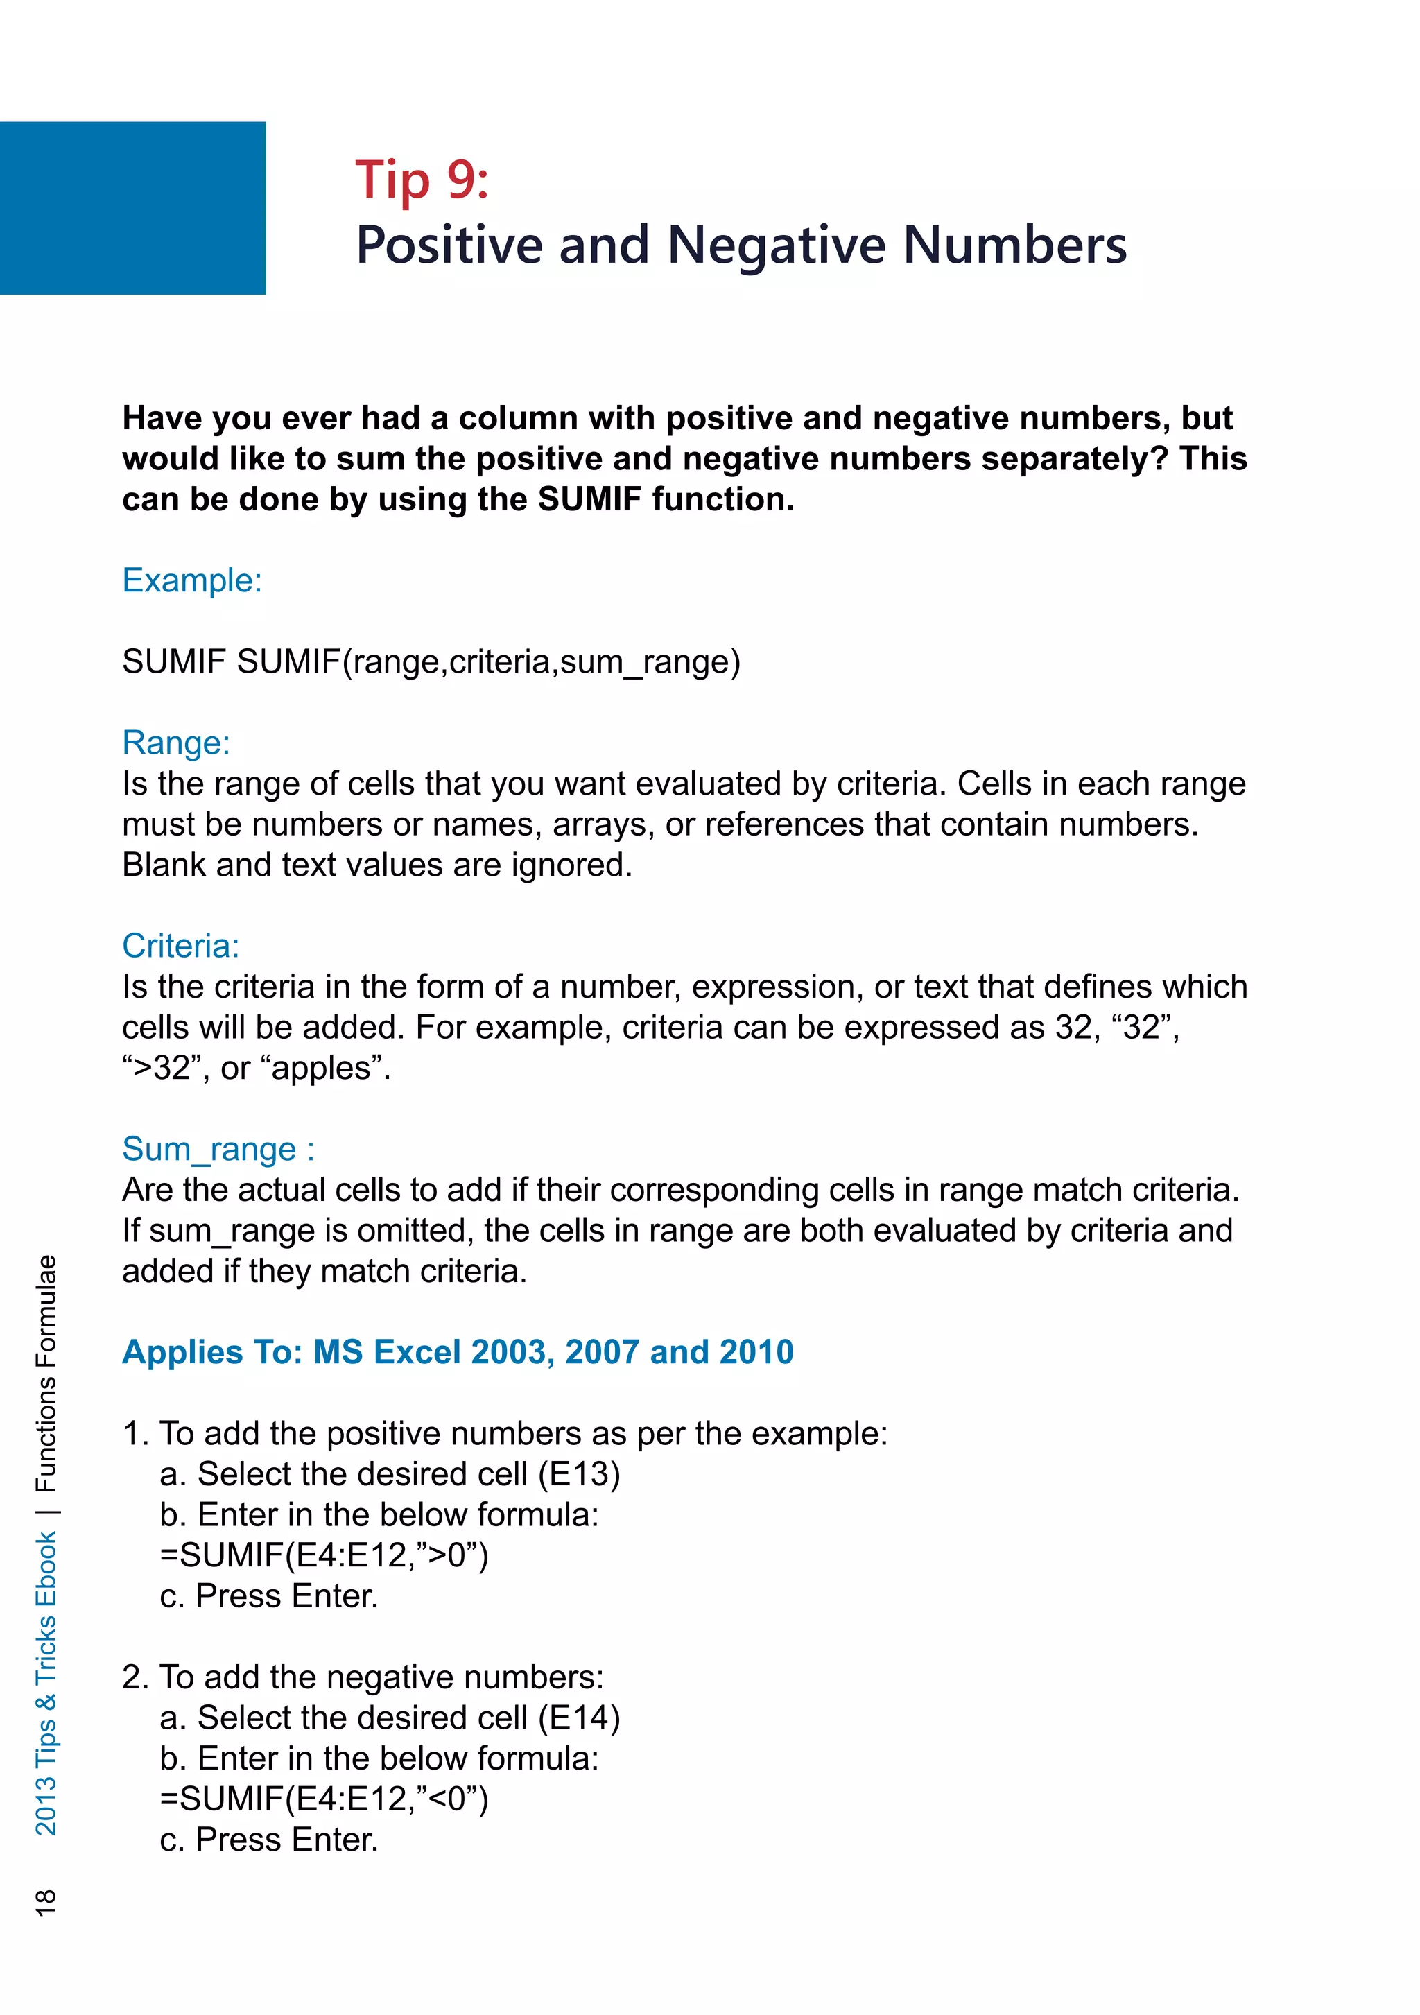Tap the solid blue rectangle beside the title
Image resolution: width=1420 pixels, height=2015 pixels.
(x=132, y=208)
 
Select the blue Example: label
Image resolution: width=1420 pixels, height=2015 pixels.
(x=192, y=581)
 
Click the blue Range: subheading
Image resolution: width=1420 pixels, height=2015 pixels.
(x=176, y=743)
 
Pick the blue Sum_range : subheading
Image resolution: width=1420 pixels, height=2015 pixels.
(x=218, y=1150)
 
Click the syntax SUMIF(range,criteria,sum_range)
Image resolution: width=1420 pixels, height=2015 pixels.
(x=488, y=661)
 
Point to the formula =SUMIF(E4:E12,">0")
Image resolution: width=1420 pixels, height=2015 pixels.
(x=324, y=1555)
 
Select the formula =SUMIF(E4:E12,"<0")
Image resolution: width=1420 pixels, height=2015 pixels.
(x=324, y=1799)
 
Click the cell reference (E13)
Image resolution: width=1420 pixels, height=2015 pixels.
(x=579, y=1474)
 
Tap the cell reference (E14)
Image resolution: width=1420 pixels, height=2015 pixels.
(x=579, y=1718)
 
